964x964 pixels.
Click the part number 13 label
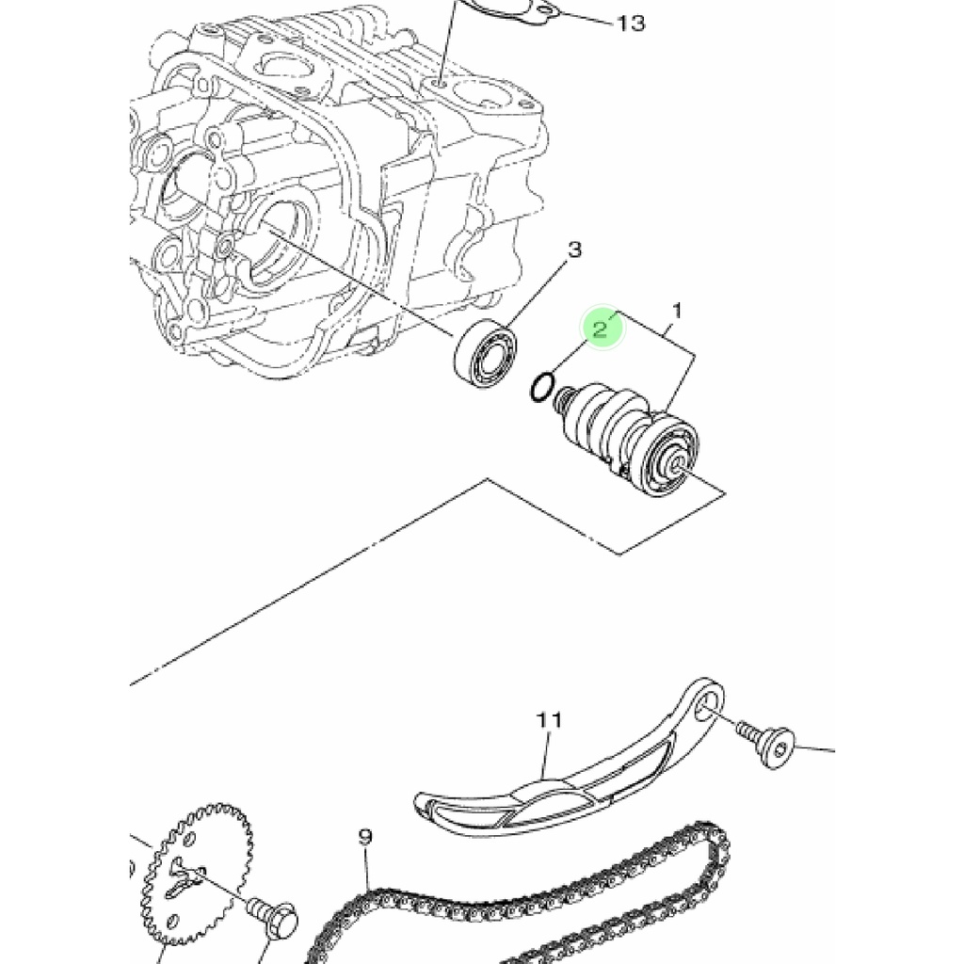tap(630, 24)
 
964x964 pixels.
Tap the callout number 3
tap(574, 249)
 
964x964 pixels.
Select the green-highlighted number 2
tap(600, 328)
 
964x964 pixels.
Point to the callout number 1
tap(676, 311)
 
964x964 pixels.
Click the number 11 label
tap(549, 719)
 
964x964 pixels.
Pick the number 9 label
tap(365, 837)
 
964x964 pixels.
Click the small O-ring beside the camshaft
tap(542, 388)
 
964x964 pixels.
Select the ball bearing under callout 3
tap(485, 352)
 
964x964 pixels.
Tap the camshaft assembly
tap(627, 437)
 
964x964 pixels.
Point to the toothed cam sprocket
tap(196, 874)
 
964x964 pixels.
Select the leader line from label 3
tap(538, 294)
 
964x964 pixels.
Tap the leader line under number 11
tap(545, 756)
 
